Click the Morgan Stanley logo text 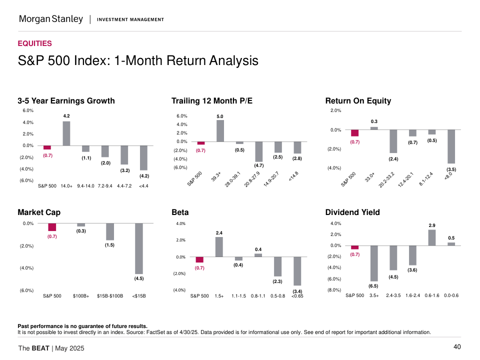coord(50,19)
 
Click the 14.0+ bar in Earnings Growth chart coord(66,133)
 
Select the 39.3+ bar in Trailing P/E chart coord(220,131)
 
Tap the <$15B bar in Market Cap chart coord(139,248)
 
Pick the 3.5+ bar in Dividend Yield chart coord(373,263)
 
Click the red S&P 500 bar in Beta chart coord(199,259)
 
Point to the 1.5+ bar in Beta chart coord(219,247)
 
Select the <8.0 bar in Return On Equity coord(451,146)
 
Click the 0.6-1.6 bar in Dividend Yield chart coord(432,237)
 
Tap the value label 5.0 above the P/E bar coord(220,116)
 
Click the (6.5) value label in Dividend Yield coord(373,286)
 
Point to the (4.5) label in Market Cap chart coord(139,278)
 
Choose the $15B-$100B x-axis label coord(110,296)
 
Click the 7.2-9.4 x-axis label coord(105,186)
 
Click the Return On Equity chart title coord(358,101)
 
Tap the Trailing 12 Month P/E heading coord(212,101)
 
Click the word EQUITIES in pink coord(34,43)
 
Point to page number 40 coord(457,347)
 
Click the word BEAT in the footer coord(40,348)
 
